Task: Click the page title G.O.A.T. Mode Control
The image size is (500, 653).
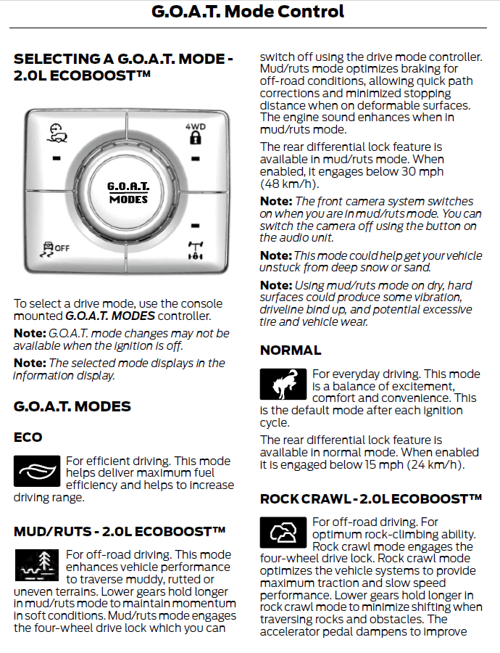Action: tap(248, 12)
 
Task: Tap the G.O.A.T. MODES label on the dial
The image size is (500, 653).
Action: tap(128, 192)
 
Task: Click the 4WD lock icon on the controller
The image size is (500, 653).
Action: tap(194, 135)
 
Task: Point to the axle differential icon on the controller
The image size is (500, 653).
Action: tap(194, 250)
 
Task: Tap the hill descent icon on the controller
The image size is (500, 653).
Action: tap(57, 134)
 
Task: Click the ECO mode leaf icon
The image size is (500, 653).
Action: tap(36, 471)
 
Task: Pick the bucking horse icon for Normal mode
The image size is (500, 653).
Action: tap(283, 385)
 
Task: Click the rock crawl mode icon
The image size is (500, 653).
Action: tap(283, 533)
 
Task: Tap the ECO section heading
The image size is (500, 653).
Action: tap(28, 438)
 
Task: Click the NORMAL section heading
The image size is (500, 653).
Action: tap(291, 350)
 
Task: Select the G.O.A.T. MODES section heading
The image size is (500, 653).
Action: tap(72, 406)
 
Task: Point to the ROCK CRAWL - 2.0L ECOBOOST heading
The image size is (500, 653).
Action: tap(371, 499)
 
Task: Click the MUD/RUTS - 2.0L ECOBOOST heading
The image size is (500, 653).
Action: tap(120, 532)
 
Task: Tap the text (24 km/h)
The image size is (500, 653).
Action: tap(434, 465)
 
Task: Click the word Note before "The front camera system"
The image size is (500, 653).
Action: tap(275, 201)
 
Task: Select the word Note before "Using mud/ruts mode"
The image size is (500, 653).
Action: tap(275, 285)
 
